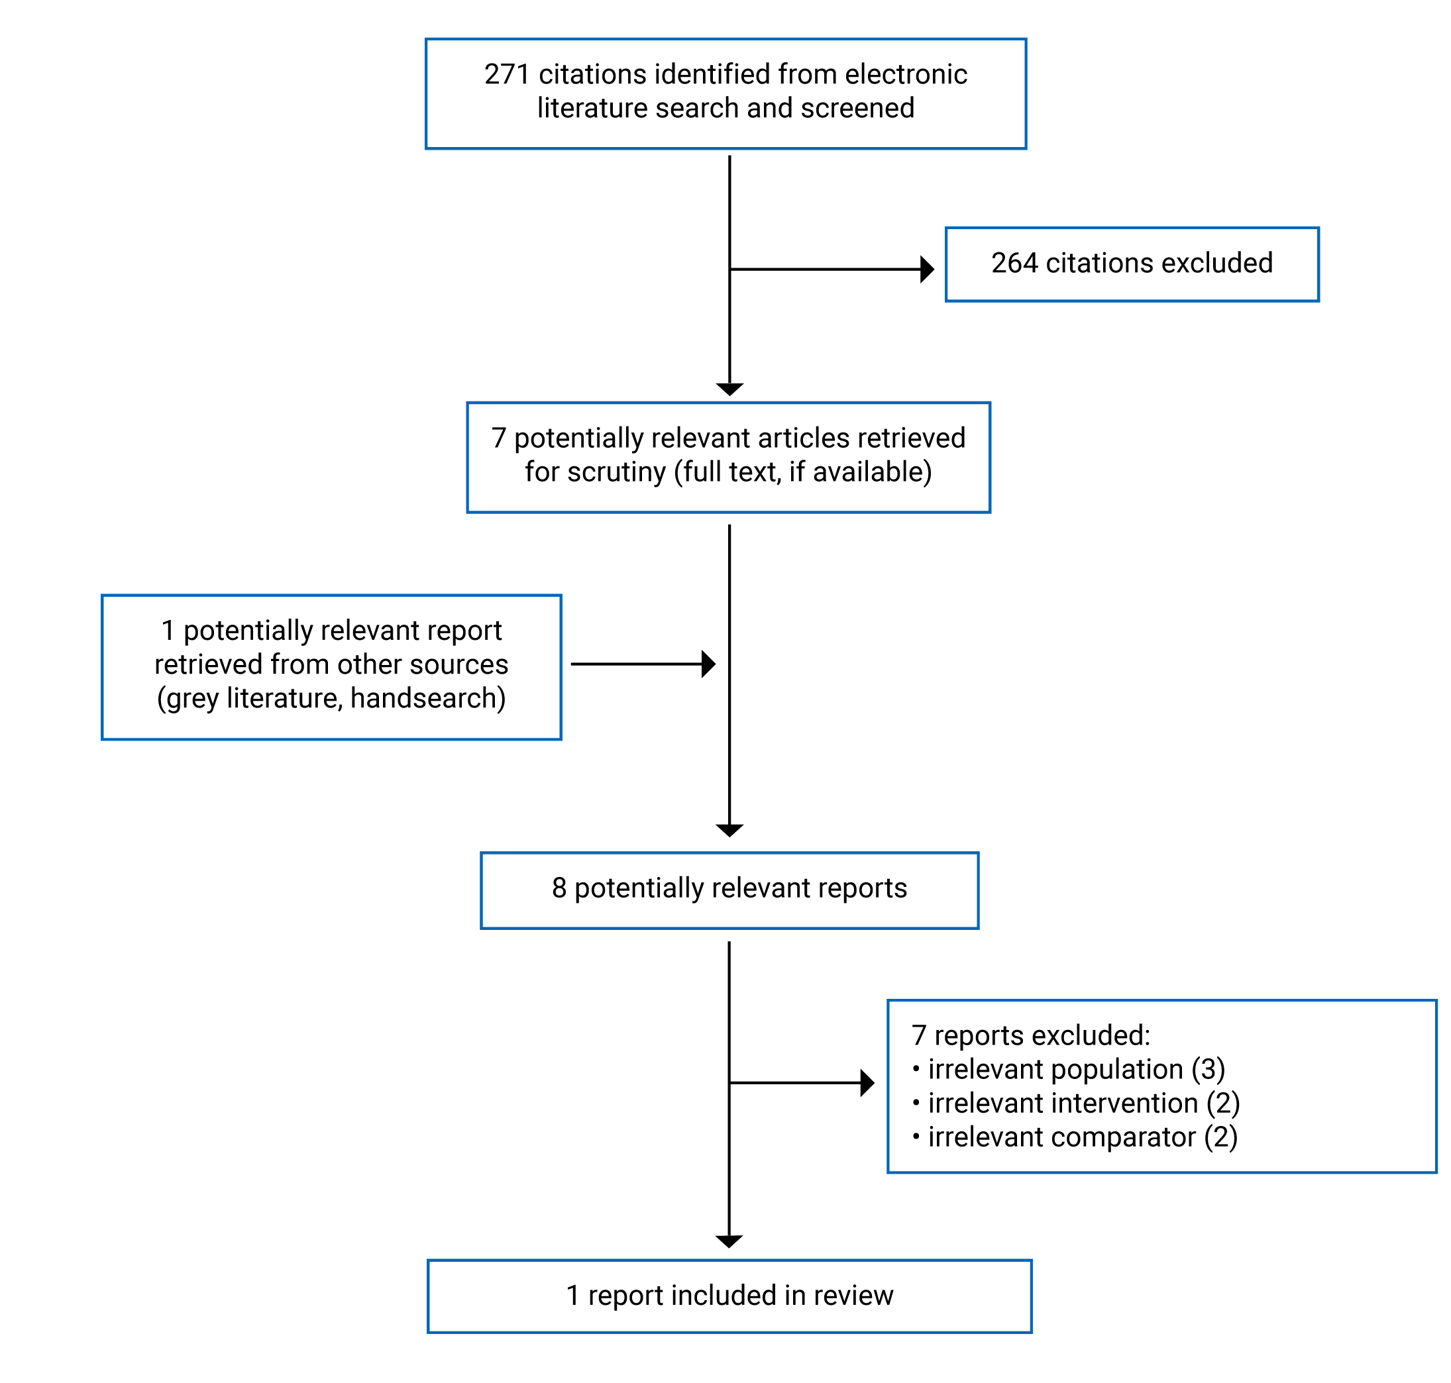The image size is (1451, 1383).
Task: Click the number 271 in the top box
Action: tap(506, 74)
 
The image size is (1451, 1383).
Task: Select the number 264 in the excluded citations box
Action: tap(1014, 263)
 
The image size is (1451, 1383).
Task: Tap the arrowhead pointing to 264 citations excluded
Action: tap(928, 269)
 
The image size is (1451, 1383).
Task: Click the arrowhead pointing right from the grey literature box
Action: tap(708, 664)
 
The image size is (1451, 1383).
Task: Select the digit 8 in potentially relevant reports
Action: tap(559, 888)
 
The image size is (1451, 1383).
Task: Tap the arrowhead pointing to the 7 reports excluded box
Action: tap(867, 1083)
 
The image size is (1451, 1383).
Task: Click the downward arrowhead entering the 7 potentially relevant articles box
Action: tap(729, 389)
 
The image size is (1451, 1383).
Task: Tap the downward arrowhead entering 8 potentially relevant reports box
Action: tap(729, 831)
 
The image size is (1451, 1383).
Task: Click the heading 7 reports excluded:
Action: tap(1030, 1035)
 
